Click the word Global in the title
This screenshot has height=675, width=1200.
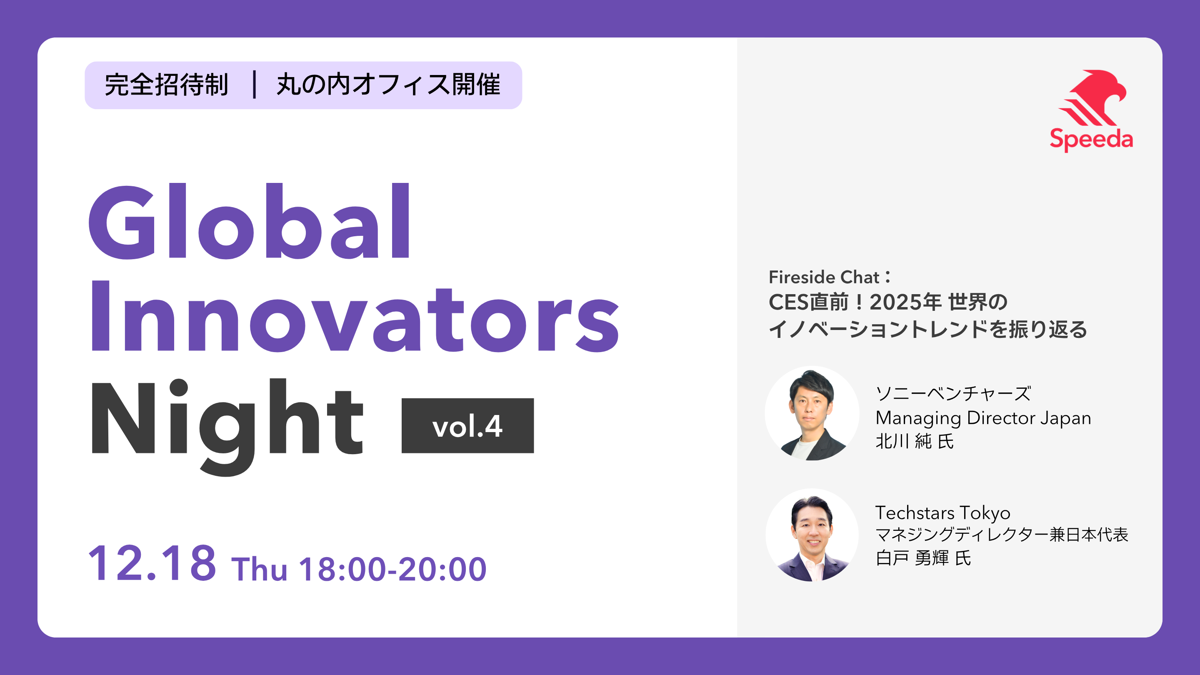[250, 221]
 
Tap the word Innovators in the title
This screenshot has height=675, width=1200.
[355, 317]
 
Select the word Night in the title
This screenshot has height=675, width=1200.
[227, 426]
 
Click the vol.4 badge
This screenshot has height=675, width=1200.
[467, 425]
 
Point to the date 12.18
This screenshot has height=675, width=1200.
[152, 563]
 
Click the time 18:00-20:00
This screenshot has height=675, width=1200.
[392, 569]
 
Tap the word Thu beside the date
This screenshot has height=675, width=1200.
[259, 569]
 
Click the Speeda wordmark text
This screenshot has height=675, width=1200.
[1091, 139]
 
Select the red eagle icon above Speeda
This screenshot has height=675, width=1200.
[1092, 97]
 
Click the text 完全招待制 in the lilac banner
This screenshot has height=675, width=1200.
[166, 85]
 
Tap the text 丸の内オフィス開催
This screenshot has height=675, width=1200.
[388, 85]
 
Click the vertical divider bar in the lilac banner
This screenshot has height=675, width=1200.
[254, 84]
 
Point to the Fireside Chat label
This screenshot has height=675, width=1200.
[829, 277]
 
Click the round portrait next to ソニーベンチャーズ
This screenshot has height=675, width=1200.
[812, 413]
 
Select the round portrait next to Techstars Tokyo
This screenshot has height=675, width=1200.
[812, 535]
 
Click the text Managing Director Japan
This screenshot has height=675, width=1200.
[983, 418]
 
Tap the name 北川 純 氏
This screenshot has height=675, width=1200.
[915, 441]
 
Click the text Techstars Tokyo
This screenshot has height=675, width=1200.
[943, 513]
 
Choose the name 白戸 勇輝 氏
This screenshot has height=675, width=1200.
[923, 557]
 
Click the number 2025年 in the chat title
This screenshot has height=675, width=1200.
[905, 302]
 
